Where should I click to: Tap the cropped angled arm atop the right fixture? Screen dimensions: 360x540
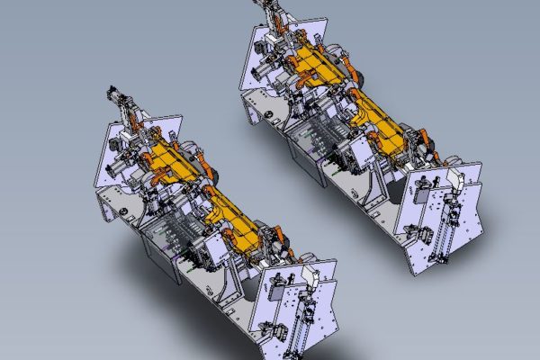pyautogui.click(x=274, y=13)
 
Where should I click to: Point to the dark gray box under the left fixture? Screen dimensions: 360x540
pyautogui.click(x=162, y=252)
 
